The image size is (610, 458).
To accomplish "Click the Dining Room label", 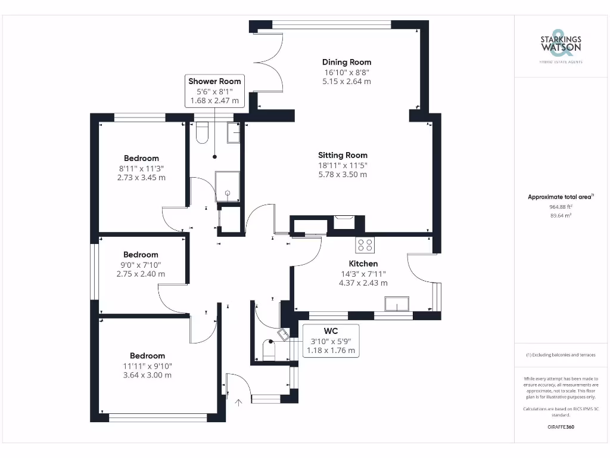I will (346, 62).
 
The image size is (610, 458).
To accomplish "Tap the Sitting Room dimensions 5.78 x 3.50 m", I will (343, 175).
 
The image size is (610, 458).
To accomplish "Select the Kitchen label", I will (363, 264).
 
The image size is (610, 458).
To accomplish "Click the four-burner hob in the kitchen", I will (365, 245).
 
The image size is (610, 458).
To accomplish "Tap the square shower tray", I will (228, 185).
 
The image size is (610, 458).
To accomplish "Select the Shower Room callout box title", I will (214, 81).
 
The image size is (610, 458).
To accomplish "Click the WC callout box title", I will (331, 330).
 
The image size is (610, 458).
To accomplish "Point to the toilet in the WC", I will (268, 351).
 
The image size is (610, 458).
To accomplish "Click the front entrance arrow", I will (239, 403).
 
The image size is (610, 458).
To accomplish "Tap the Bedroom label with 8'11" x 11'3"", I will (141, 158).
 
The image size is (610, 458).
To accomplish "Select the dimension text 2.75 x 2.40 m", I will (141, 274).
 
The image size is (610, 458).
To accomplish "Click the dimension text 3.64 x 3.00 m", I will (144, 375).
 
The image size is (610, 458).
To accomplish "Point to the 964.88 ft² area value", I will (560, 206).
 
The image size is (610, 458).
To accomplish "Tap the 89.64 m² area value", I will (560, 216).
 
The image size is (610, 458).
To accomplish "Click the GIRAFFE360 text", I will (560, 427).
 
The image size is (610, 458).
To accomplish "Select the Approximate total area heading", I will (561, 197).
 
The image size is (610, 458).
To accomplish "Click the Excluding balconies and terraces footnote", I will (560, 355).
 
